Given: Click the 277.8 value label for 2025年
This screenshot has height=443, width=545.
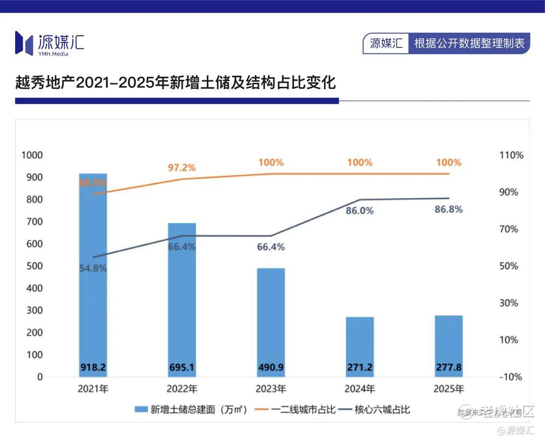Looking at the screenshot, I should point(449,367).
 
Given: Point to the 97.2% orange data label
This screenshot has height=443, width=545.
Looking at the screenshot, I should point(182,168).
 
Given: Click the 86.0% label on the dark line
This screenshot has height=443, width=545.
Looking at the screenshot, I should point(360,211).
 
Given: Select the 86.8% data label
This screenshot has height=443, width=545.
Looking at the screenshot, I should point(449,209).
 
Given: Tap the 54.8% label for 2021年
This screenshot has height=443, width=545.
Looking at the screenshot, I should point(93,268).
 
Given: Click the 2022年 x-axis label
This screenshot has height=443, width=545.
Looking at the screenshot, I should point(182,389).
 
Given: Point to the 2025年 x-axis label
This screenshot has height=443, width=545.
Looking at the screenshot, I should point(449,389).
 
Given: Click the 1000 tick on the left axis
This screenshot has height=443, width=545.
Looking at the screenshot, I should point(32,155).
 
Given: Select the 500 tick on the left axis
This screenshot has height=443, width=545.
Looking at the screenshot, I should point(35,266).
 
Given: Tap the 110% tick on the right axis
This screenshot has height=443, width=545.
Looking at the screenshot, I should point(511,155).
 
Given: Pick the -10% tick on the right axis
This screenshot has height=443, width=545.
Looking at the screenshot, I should point(511,377).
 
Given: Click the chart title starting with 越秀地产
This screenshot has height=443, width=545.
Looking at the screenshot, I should point(176,82).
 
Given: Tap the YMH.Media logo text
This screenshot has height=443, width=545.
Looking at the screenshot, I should point(53,54).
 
